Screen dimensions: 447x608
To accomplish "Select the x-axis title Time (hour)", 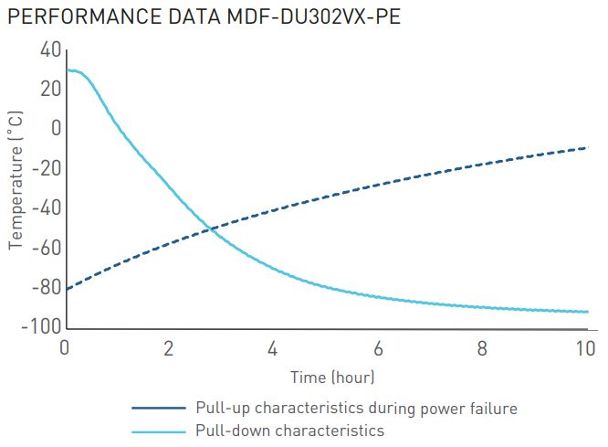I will (x=332, y=377).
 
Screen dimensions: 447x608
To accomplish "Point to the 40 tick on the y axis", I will (x=50, y=49).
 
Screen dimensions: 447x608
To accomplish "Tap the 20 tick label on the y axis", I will (x=50, y=90).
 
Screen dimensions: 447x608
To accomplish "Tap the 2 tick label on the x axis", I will (x=168, y=348).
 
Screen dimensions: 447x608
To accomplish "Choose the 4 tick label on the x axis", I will (x=273, y=348).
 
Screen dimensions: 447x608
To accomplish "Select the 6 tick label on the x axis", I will (x=377, y=348).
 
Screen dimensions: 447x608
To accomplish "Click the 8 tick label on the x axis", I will (x=482, y=348).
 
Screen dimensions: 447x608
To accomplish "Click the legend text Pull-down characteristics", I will (x=289, y=431).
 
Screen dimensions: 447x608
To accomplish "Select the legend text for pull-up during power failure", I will (x=356, y=409).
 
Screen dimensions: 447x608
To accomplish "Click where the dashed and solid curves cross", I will (x=211, y=229).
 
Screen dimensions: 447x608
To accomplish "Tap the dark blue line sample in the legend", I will (x=159, y=409).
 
